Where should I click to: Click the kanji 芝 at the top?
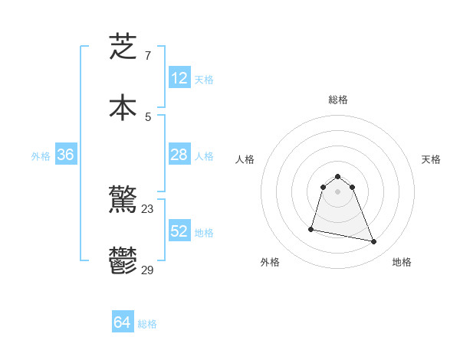[123, 47]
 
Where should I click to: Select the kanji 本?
[123, 107]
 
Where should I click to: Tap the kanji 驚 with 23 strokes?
[123, 201]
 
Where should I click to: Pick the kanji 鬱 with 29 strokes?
[123, 260]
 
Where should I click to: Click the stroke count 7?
[147, 55]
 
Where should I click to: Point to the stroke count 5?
[147, 116]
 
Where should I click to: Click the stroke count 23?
[148, 208]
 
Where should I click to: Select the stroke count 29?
[148, 270]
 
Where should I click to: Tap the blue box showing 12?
[179, 78]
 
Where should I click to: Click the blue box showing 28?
[179, 155]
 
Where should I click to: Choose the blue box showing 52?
[179, 231]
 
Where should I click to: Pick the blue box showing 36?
[66, 155]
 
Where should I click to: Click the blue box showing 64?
[123, 323]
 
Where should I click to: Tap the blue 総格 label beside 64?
[147, 324]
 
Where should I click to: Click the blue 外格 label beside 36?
[41, 155]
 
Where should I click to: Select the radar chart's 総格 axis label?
[337, 100]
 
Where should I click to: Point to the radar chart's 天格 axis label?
[431, 159]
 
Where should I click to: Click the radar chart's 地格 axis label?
[402, 262]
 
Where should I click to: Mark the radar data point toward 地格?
[373, 241]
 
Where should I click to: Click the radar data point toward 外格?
[311, 228]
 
